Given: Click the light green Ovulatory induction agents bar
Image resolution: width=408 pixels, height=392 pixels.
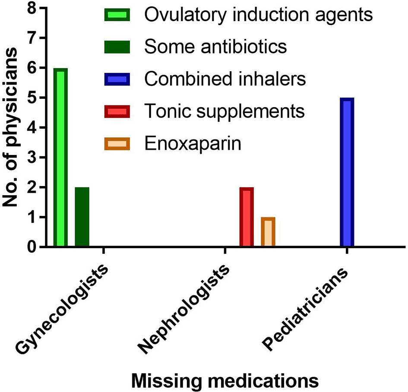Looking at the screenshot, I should [x=60, y=158].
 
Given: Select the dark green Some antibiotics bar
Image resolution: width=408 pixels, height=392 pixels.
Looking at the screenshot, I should [x=82, y=217].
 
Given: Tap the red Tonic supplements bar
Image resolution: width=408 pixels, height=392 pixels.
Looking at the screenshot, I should [x=246, y=217].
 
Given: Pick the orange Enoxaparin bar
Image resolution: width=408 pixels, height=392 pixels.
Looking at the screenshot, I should [x=268, y=232].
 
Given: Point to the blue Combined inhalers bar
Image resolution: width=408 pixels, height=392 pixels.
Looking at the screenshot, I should [x=347, y=173].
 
